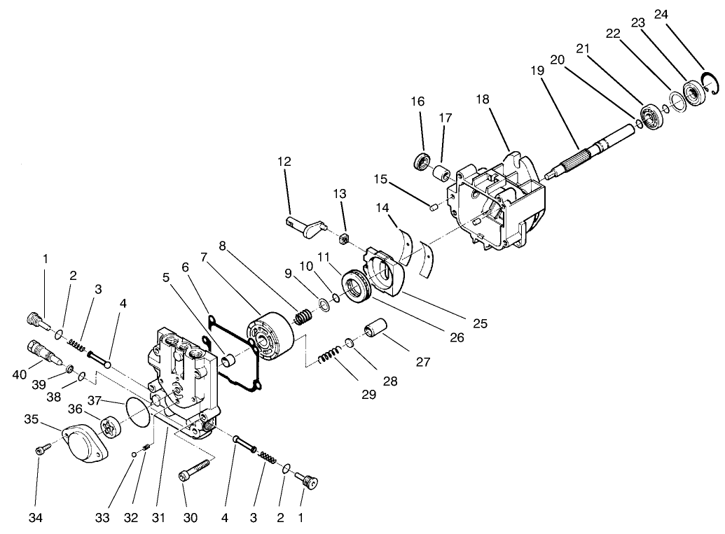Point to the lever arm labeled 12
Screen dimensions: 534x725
(x=305, y=224)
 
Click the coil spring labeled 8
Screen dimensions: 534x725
(x=303, y=317)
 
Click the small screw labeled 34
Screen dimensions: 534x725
(x=41, y=452)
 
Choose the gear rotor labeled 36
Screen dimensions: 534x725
(x=111, y=427)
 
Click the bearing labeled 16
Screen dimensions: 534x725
(x=422, y=160)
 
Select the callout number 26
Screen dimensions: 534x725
(x=456, y=337)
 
